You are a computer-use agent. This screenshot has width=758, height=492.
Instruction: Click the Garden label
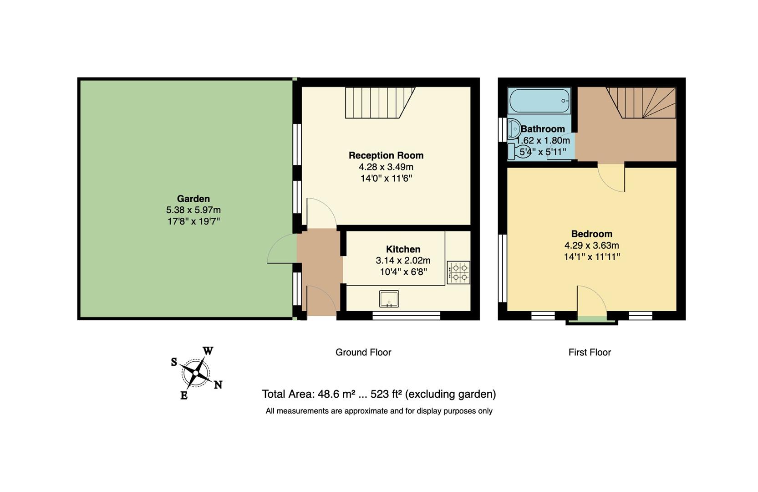tap(193, 199)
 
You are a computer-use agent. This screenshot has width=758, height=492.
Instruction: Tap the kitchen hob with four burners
tap(458, 272)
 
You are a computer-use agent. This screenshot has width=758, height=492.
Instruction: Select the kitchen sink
tap(389, 299)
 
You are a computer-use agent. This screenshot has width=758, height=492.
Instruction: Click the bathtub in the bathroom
tap(539, 101)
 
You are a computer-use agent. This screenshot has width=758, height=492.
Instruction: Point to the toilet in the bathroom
tap(519, 151)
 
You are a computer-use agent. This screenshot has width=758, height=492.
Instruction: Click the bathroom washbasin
tap(514, 129)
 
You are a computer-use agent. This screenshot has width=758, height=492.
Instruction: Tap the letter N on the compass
tap(218, 385)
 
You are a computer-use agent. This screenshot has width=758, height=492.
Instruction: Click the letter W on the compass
tap(208, 351)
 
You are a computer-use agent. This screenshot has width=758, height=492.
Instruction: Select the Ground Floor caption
tap(363, 352)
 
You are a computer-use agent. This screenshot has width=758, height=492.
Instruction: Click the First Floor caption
tap(589, 352)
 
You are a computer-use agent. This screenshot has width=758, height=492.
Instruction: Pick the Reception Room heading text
tap(386, 155)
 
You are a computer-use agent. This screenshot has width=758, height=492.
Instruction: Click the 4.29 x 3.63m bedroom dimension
tap(591, 246)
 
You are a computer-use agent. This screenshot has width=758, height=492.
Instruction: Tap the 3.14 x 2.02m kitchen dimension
tap(403, 261)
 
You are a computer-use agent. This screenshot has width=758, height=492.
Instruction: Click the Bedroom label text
tap(591, 234)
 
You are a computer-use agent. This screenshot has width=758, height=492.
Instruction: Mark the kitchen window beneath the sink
tap(406, 316)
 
